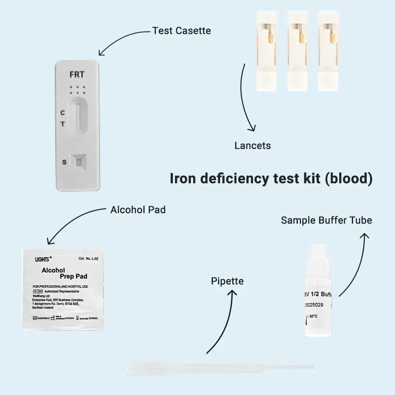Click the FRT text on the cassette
pyautogui.click(x=77, y=75)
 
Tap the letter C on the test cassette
pyautogui.click(x=62, y=113)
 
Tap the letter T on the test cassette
pyautogui.click(x=62, y=124)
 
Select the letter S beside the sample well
pyautogui.click(x=64, y=162)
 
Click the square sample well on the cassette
pyautogui.click(x=79, y=162)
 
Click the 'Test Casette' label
pyautogui.click(x=182, y=30)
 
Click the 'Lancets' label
pyautogui.click(x=252, y=145)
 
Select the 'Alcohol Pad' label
pyautogui.click(x=138, y=210)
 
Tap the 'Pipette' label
pyautogui.click(x=227, y=281)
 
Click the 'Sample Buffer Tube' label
pyautogui.click(x=326, y=220)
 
